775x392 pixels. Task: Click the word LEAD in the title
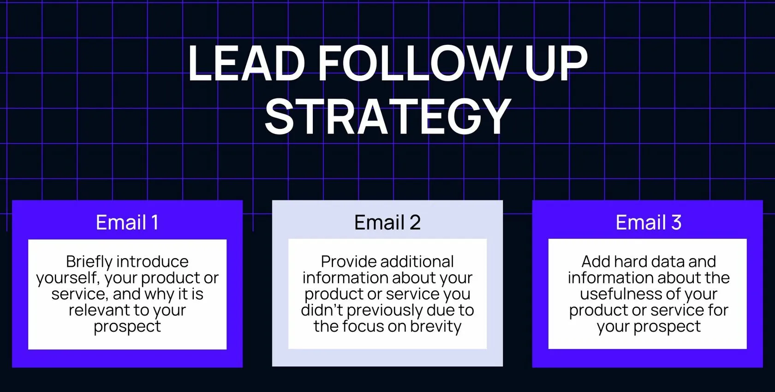246,63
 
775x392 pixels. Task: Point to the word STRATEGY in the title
387,116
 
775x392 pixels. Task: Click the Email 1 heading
127,223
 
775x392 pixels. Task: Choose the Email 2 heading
387,223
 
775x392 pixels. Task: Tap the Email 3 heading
648,223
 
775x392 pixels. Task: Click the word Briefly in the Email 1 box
89,262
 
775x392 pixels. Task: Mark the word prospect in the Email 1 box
127,326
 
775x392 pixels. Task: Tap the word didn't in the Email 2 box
322,310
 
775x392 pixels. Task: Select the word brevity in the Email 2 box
435,326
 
